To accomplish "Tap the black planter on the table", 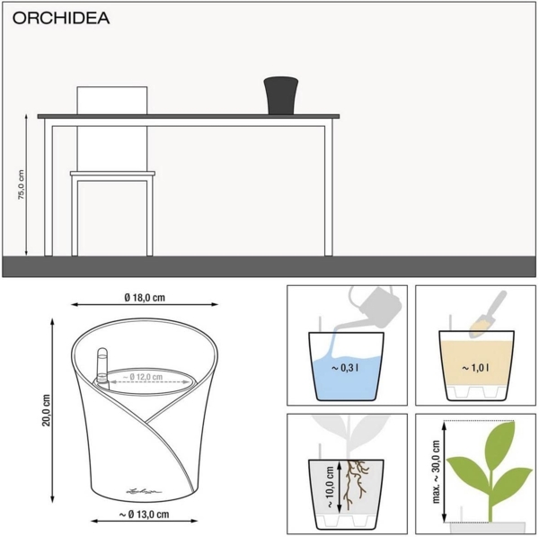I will click(280, 95).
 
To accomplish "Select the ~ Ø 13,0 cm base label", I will click(146, 515).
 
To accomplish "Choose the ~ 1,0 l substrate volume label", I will click(476, 368).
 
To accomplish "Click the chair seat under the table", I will click(112, 174).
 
